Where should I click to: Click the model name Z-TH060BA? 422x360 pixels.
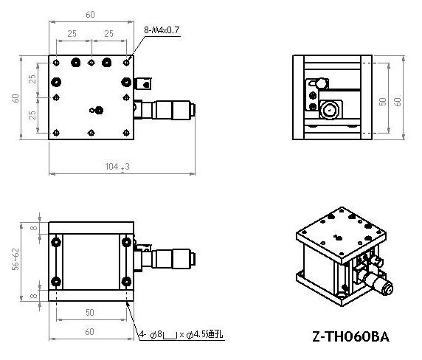coord(350,336)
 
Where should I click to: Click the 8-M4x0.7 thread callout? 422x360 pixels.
coord(162,30)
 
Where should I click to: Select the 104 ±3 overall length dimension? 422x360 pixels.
coord(117,167)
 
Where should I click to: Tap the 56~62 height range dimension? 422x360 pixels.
coord(16,259)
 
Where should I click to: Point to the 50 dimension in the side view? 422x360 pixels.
coord(382,102)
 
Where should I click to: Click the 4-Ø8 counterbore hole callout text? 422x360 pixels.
coord(181,334)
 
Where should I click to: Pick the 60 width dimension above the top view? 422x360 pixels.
coord(90,15)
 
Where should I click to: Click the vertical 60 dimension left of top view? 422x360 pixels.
coord(15,98)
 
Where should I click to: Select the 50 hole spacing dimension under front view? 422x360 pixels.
coord(90,312)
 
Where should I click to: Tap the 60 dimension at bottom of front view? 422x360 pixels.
coord(89,332)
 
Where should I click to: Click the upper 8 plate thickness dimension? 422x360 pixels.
coord(34,228)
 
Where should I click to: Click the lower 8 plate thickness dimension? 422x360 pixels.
coord(34,296)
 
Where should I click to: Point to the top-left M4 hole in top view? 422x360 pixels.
coord(56,63)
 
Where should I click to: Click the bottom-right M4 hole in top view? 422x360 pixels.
coord(126,133)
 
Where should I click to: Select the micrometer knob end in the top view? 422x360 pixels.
coord(192,109)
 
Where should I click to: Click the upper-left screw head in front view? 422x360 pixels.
coord(56,242)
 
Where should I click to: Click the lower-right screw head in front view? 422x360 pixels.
coord(126,282)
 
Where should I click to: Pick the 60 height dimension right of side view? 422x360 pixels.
coord(398,102)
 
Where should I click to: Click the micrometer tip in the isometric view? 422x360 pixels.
coord(387,289)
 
